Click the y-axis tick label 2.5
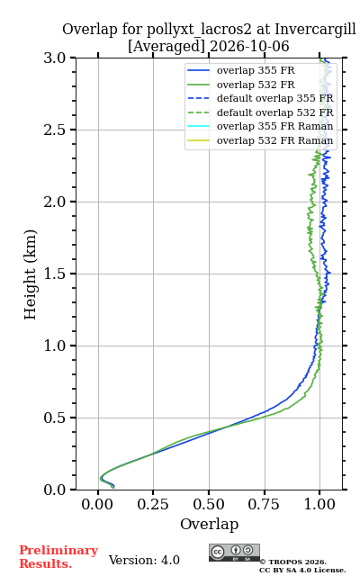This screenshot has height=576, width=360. (55, 130)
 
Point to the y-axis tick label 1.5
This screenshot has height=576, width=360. (55, 274)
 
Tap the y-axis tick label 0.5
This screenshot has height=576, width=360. (55, 418)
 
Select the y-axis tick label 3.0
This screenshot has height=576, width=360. (55, 58)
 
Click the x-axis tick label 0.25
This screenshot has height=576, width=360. (153, 504)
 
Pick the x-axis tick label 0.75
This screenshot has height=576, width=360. (264, 504)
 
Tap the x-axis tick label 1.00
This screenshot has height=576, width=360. (319, 504)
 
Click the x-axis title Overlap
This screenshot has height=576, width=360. (209, 524)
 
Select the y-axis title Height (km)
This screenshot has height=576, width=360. (30, 274)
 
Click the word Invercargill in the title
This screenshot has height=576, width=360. (315, 29)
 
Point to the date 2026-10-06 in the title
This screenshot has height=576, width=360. (250, 46)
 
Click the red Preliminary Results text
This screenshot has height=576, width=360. (58, 557)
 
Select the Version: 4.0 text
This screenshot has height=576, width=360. (144, 560)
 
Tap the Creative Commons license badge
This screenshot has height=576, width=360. (234, 553)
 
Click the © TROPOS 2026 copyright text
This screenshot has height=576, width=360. (293, 562)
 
